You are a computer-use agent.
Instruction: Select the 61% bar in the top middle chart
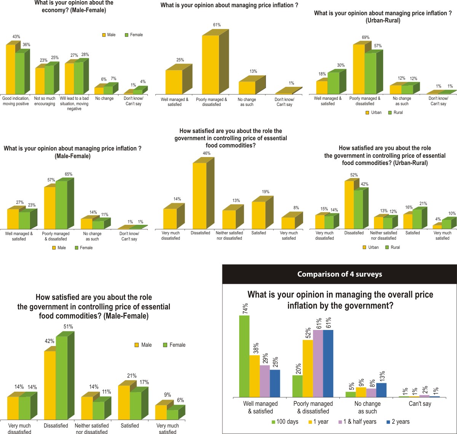coord(211,64)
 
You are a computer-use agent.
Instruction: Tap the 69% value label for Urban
coord(366,37)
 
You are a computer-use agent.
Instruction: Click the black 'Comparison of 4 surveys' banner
coord(339,274)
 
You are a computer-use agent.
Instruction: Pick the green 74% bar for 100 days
coord(244,356)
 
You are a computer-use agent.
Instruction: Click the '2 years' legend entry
coord(400,422)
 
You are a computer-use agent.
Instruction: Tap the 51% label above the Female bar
coord(68,327)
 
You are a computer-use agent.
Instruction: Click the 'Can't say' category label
coord(420,404)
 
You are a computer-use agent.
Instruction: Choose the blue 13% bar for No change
coord(381,390)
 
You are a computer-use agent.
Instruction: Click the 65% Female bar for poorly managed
coord(61,205)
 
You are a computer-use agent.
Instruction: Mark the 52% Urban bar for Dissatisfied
coord(349,205)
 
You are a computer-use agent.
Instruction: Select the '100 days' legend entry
coord(285,422)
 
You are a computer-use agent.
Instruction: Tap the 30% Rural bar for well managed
coord(333,83)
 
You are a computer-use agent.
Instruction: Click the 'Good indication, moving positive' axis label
coord(16,101)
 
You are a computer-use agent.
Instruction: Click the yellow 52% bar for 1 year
coord(308,368)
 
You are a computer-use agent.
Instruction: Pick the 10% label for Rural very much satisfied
coord(452,213)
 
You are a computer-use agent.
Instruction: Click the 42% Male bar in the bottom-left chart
coord(50,385)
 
